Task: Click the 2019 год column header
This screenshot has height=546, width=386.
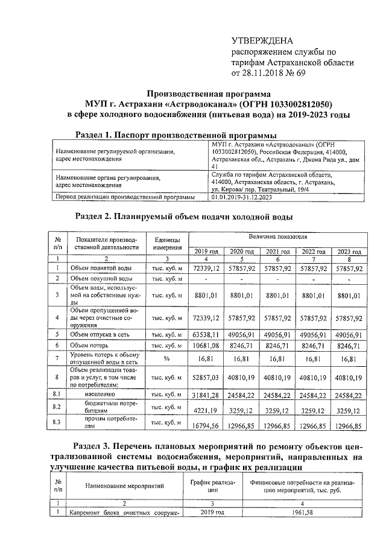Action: (x=206, y=251)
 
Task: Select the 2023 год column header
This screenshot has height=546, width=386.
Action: (x=350, y=251)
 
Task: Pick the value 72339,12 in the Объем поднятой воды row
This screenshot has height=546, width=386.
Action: (x=206, y=267)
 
